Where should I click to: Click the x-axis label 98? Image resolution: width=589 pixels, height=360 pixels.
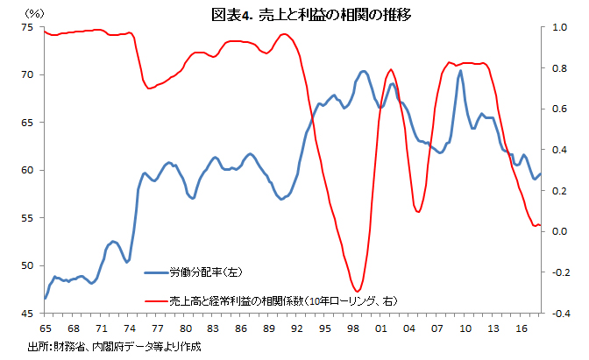(x=351, y=328)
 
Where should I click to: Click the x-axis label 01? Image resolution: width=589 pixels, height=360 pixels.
(x=380, y=328)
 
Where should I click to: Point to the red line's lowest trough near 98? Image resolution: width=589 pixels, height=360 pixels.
(x=356, y=291)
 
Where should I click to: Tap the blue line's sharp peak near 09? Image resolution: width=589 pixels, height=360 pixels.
(x=459, y=71)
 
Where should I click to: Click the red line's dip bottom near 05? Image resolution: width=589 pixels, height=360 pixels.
(x=418, y=212)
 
